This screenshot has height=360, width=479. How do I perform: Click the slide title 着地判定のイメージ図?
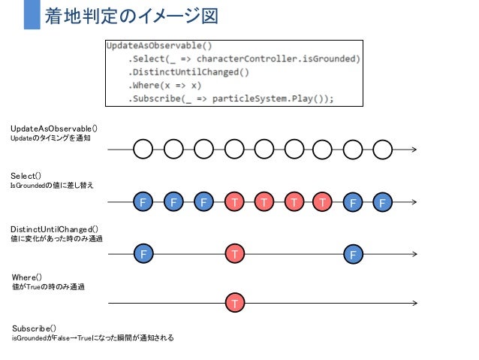(131, 15)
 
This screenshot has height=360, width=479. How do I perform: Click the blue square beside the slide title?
(32, 15)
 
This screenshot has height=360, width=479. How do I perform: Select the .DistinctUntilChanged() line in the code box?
(188, 71)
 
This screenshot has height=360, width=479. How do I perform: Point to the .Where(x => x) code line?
(164, 85)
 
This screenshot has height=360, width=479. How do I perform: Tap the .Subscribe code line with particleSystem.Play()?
(230, 98)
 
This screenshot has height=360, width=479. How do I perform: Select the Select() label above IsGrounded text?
(26, 175)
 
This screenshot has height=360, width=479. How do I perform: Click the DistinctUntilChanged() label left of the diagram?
(54, 228)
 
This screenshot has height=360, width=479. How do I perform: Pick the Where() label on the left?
(27, 277)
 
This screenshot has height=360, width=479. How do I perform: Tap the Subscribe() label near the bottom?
(34, 328)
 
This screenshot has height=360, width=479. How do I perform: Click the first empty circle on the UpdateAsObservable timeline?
(143, 150)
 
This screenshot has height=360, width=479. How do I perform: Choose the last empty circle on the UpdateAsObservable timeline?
(382, 150)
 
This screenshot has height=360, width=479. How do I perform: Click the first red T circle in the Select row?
(234, 202)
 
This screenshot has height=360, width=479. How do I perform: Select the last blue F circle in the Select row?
(382, 202)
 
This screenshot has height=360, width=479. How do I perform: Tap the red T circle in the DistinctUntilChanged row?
(234, 255)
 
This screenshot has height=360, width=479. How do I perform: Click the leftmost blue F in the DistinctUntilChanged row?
(143, 255)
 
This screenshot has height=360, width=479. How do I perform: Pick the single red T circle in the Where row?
(234, 303)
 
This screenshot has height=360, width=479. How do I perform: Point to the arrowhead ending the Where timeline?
(414, 303)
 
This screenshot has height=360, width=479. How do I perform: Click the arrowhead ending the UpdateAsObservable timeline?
(414, 150)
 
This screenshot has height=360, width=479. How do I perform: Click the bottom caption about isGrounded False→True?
(92, 338)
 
